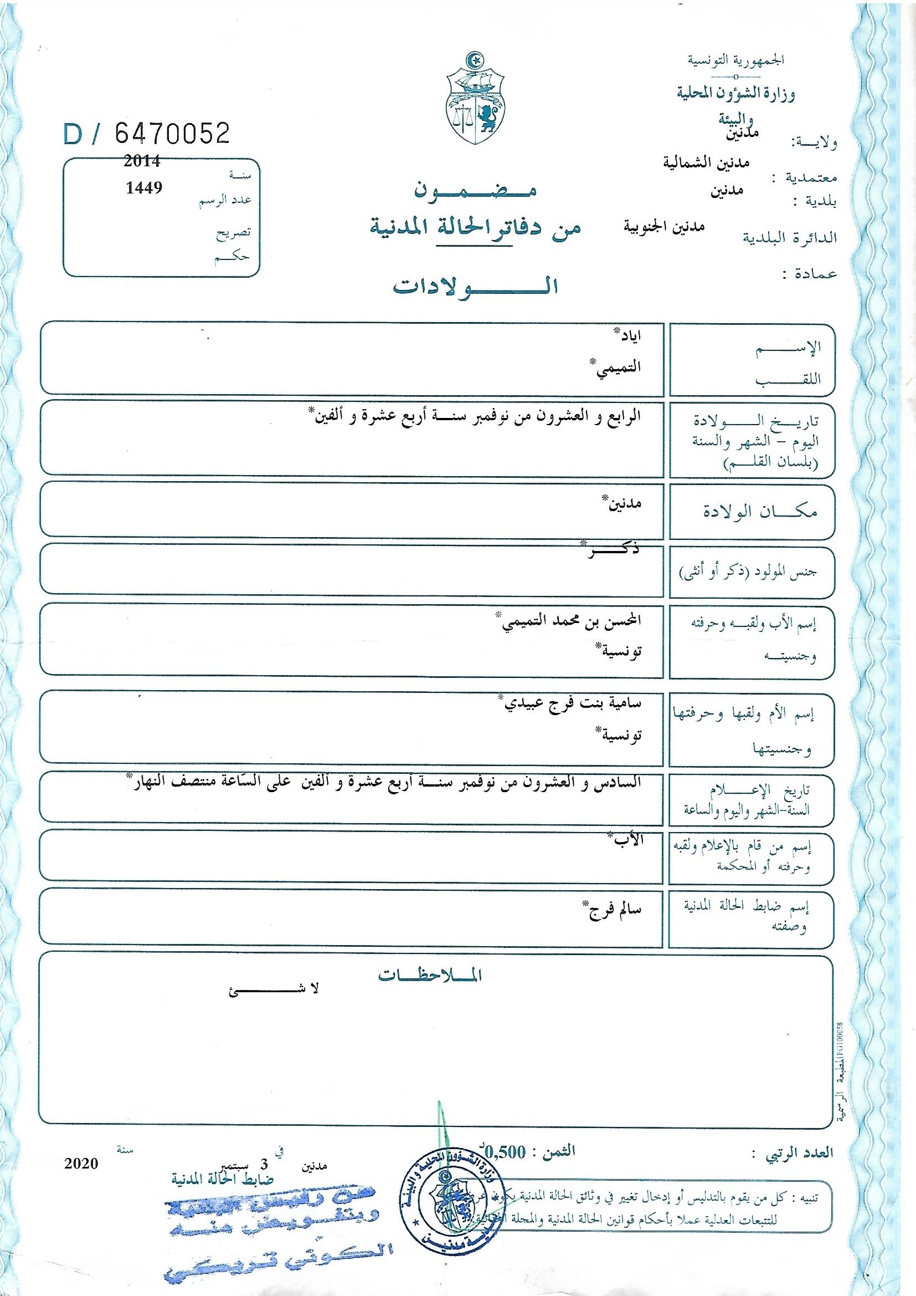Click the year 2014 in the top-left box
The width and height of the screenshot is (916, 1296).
coord(142,161)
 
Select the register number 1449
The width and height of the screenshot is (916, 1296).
coord(144,187)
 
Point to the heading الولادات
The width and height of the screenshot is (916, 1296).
coord(475,286)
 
